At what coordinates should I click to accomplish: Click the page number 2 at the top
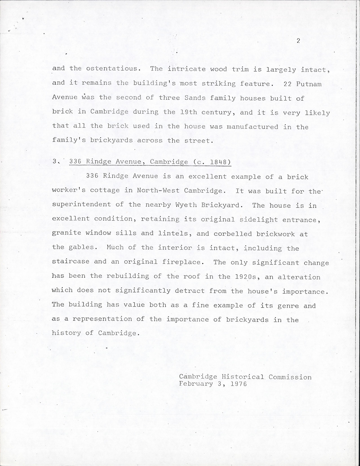click(298, 41)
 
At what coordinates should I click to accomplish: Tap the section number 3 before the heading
click(55, 162)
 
